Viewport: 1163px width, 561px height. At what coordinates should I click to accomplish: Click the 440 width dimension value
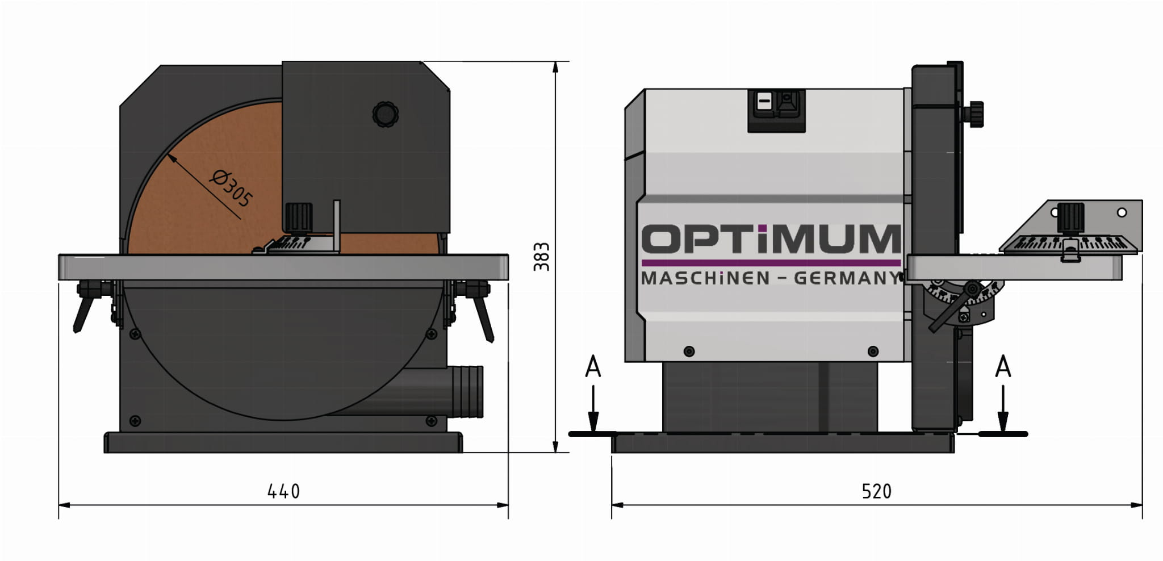pos(283,491)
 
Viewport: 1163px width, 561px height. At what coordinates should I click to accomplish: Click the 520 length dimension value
pos(876,491)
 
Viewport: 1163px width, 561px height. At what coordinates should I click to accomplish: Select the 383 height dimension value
pos(542,257)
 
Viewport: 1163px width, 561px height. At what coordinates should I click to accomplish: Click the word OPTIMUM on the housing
pos(771,239)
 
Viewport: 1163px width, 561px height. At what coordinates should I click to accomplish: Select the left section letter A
pos(593,367)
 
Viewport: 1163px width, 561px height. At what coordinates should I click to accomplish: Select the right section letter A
pos(1003,367)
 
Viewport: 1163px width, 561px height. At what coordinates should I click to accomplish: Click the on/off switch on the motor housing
pos(776,110)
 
